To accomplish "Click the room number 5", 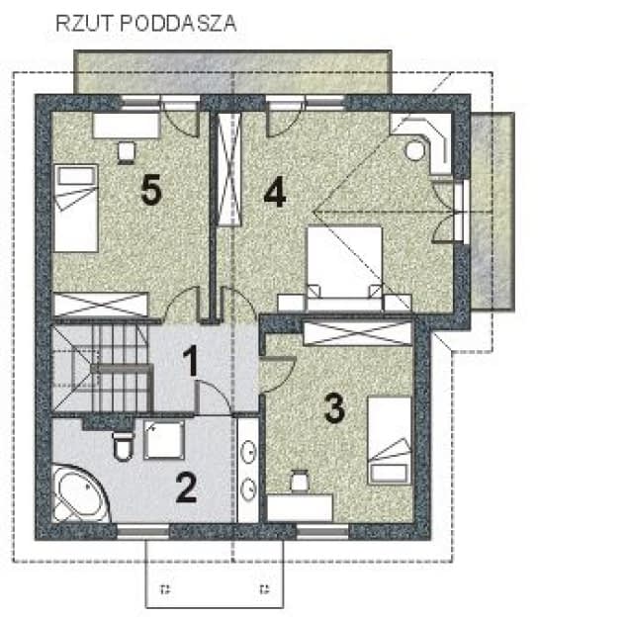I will (x=150, y=191).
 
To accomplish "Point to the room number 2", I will (x=187, y=487).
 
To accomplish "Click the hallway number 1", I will (x=194, y=363).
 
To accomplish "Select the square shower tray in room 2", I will (x=164, y=439).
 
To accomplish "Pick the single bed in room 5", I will (x=75, y=209).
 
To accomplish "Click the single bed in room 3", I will (x=390, y=441).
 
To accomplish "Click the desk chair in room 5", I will (x=128, y=150).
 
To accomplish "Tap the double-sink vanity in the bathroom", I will (x=249, y=470).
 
